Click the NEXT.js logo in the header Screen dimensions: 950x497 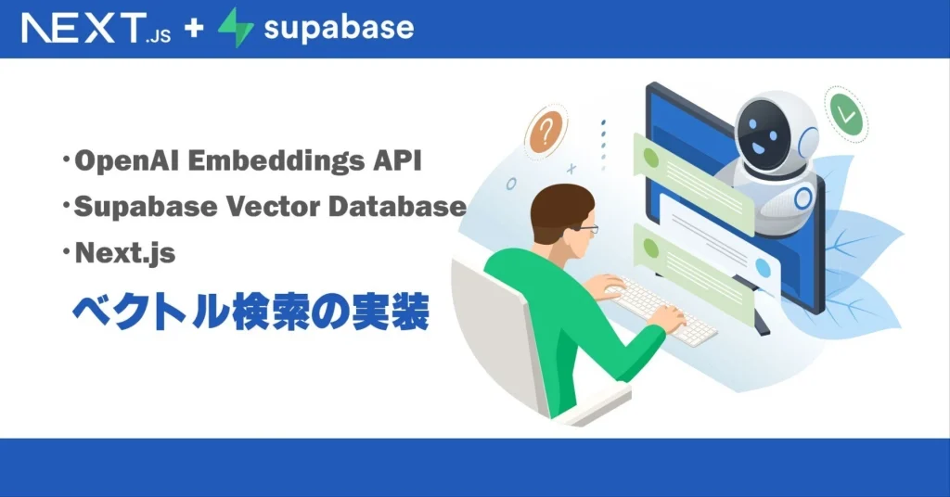tap(96, 29)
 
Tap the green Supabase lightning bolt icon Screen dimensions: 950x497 tap(236, 27)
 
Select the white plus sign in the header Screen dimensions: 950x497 tap(194, 28)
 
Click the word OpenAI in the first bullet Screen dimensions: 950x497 tap(126, 161)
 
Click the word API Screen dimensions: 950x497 tap(397, 160)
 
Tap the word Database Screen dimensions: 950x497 tap(397, 207)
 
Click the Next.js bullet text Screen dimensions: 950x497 tap(125, 253)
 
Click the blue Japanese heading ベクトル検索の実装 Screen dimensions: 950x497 tap(250, 312)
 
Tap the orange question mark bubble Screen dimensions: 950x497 tap(546, 132)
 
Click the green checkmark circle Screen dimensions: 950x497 tap(846, 114)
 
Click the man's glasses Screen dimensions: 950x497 tap(585, 228)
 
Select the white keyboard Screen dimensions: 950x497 tap(661, 311)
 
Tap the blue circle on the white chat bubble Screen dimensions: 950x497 tap(763, 268)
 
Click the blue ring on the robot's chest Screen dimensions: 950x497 tap(803, 198)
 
